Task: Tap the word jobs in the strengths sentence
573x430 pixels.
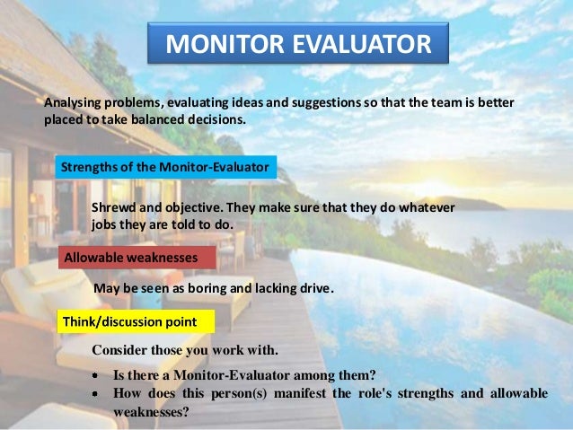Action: pos(105,224)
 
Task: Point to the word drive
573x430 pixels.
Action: pos(314,289)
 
